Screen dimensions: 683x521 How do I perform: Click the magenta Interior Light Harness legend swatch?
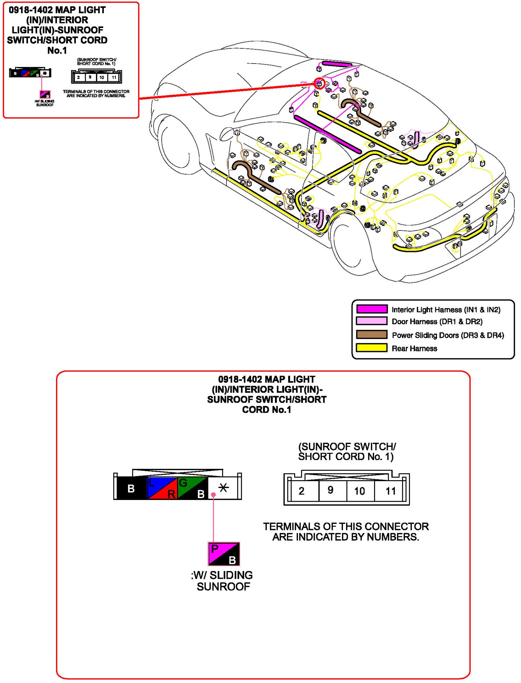tap(372, 309)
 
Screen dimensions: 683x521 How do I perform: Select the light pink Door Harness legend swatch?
tap(372, 321)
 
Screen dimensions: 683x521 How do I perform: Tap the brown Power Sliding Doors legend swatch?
tap(372, 334)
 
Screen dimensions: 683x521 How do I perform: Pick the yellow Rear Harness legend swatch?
tap(372, 348)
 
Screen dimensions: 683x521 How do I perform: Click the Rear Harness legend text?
tap(414, 348)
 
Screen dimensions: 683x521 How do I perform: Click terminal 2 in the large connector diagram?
tap(301, 491)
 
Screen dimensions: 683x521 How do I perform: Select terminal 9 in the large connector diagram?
tap(330, 490)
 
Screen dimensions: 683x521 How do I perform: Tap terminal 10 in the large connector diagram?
tap(359, 491)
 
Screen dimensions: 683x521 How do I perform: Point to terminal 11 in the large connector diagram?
tap(390, 491)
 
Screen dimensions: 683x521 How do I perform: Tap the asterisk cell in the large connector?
tap(224, 488)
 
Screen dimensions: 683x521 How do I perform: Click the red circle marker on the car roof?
tap(319, 83)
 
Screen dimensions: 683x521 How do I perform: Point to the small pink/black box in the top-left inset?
tap(45, 94)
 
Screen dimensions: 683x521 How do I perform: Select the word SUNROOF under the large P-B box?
tap(223, 587)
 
